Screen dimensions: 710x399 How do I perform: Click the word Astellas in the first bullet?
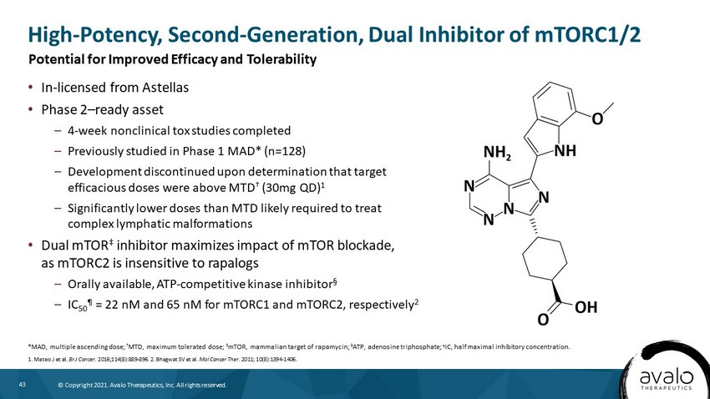(165, 88)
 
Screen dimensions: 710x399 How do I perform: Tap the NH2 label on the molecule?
(497, 153)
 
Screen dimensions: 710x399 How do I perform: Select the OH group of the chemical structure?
(586, 308)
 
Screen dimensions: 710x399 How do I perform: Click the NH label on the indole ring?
(565, 150)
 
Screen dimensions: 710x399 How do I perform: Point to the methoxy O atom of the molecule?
(597, 119)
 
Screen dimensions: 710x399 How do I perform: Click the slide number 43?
(23, 385)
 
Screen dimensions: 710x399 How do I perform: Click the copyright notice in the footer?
(142, 385)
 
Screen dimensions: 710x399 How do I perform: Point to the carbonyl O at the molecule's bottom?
(543, 320)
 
